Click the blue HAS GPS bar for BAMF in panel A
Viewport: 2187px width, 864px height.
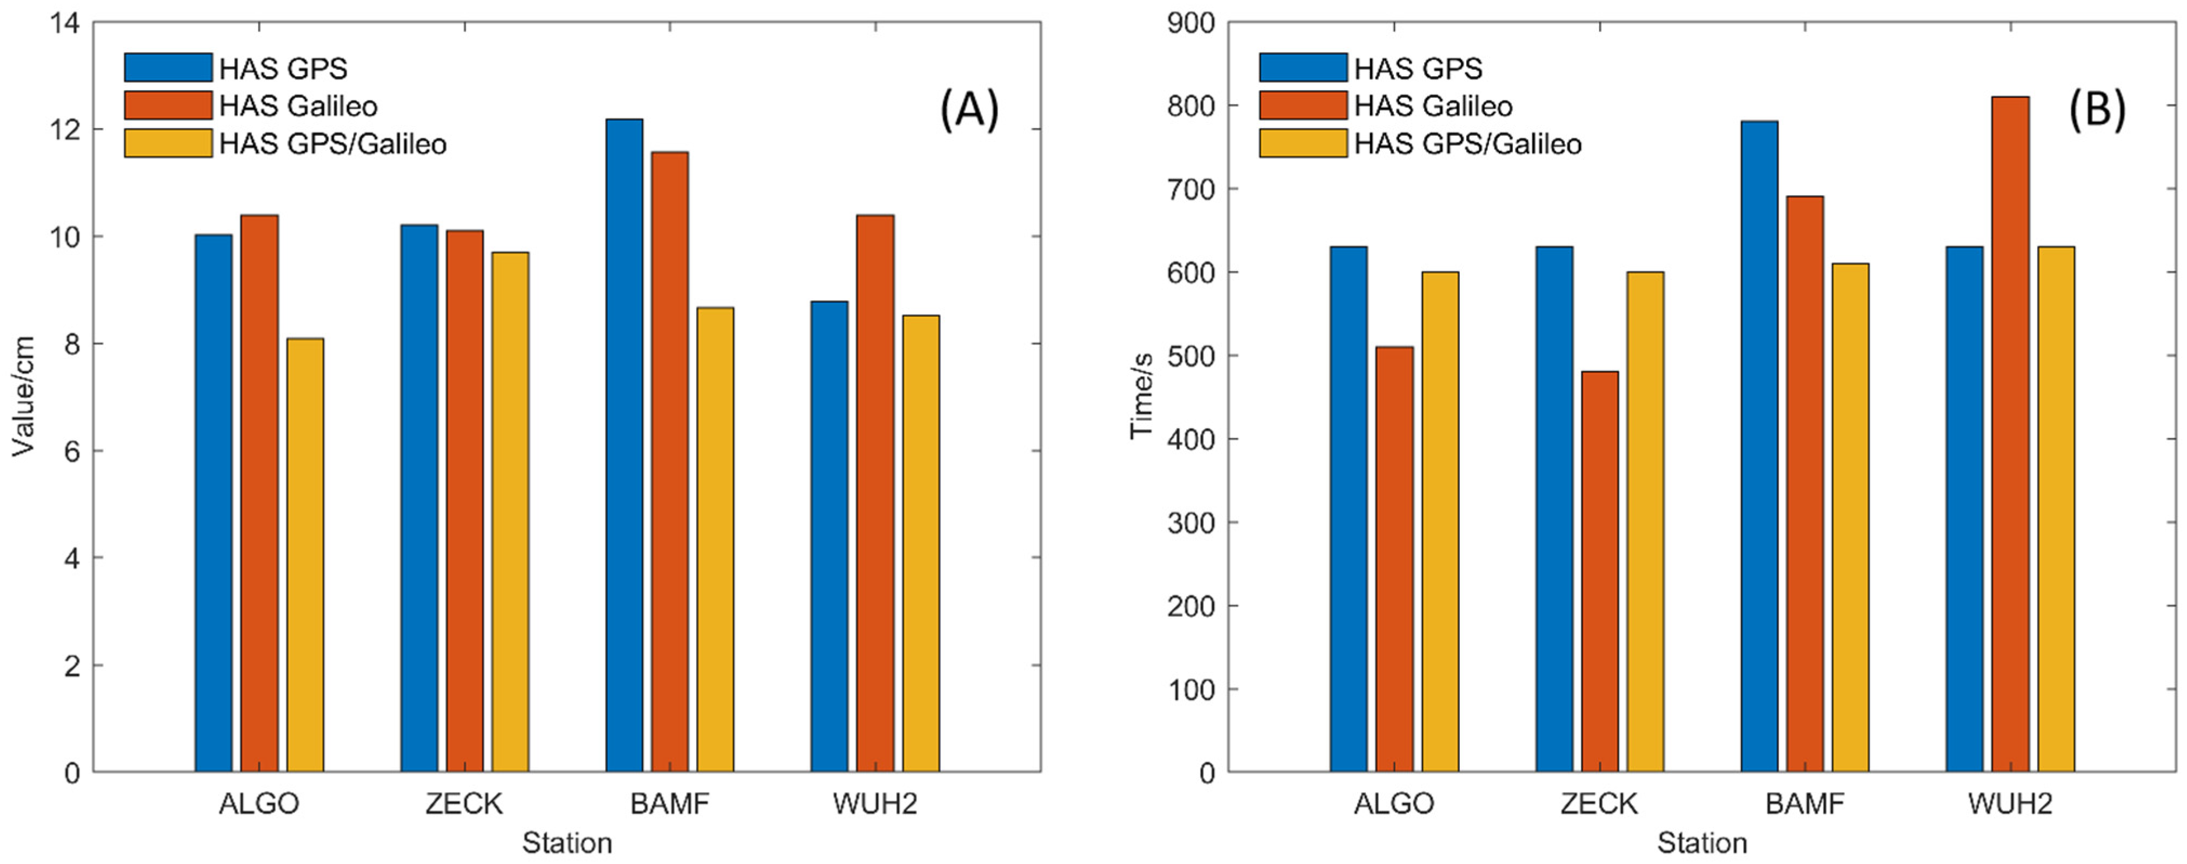(x=624, y=446)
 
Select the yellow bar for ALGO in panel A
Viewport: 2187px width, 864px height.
(x=305, y=555)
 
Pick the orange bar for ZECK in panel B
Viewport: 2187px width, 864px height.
(x=1599, y=571)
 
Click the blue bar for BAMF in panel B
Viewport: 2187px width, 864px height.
(x=1759, y=447)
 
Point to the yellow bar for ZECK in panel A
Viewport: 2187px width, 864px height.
(x=510, y=512)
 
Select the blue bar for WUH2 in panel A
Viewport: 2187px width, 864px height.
(x=829, y=536)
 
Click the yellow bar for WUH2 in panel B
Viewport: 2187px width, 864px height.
(x=2056, y=509)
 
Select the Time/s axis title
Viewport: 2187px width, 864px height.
(x=1141, y=396)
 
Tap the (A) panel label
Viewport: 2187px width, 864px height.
(x=969, y=111)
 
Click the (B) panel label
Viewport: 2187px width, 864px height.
(x=2096, y=111)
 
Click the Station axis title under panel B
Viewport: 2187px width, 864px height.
(x=1702, y=843)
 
